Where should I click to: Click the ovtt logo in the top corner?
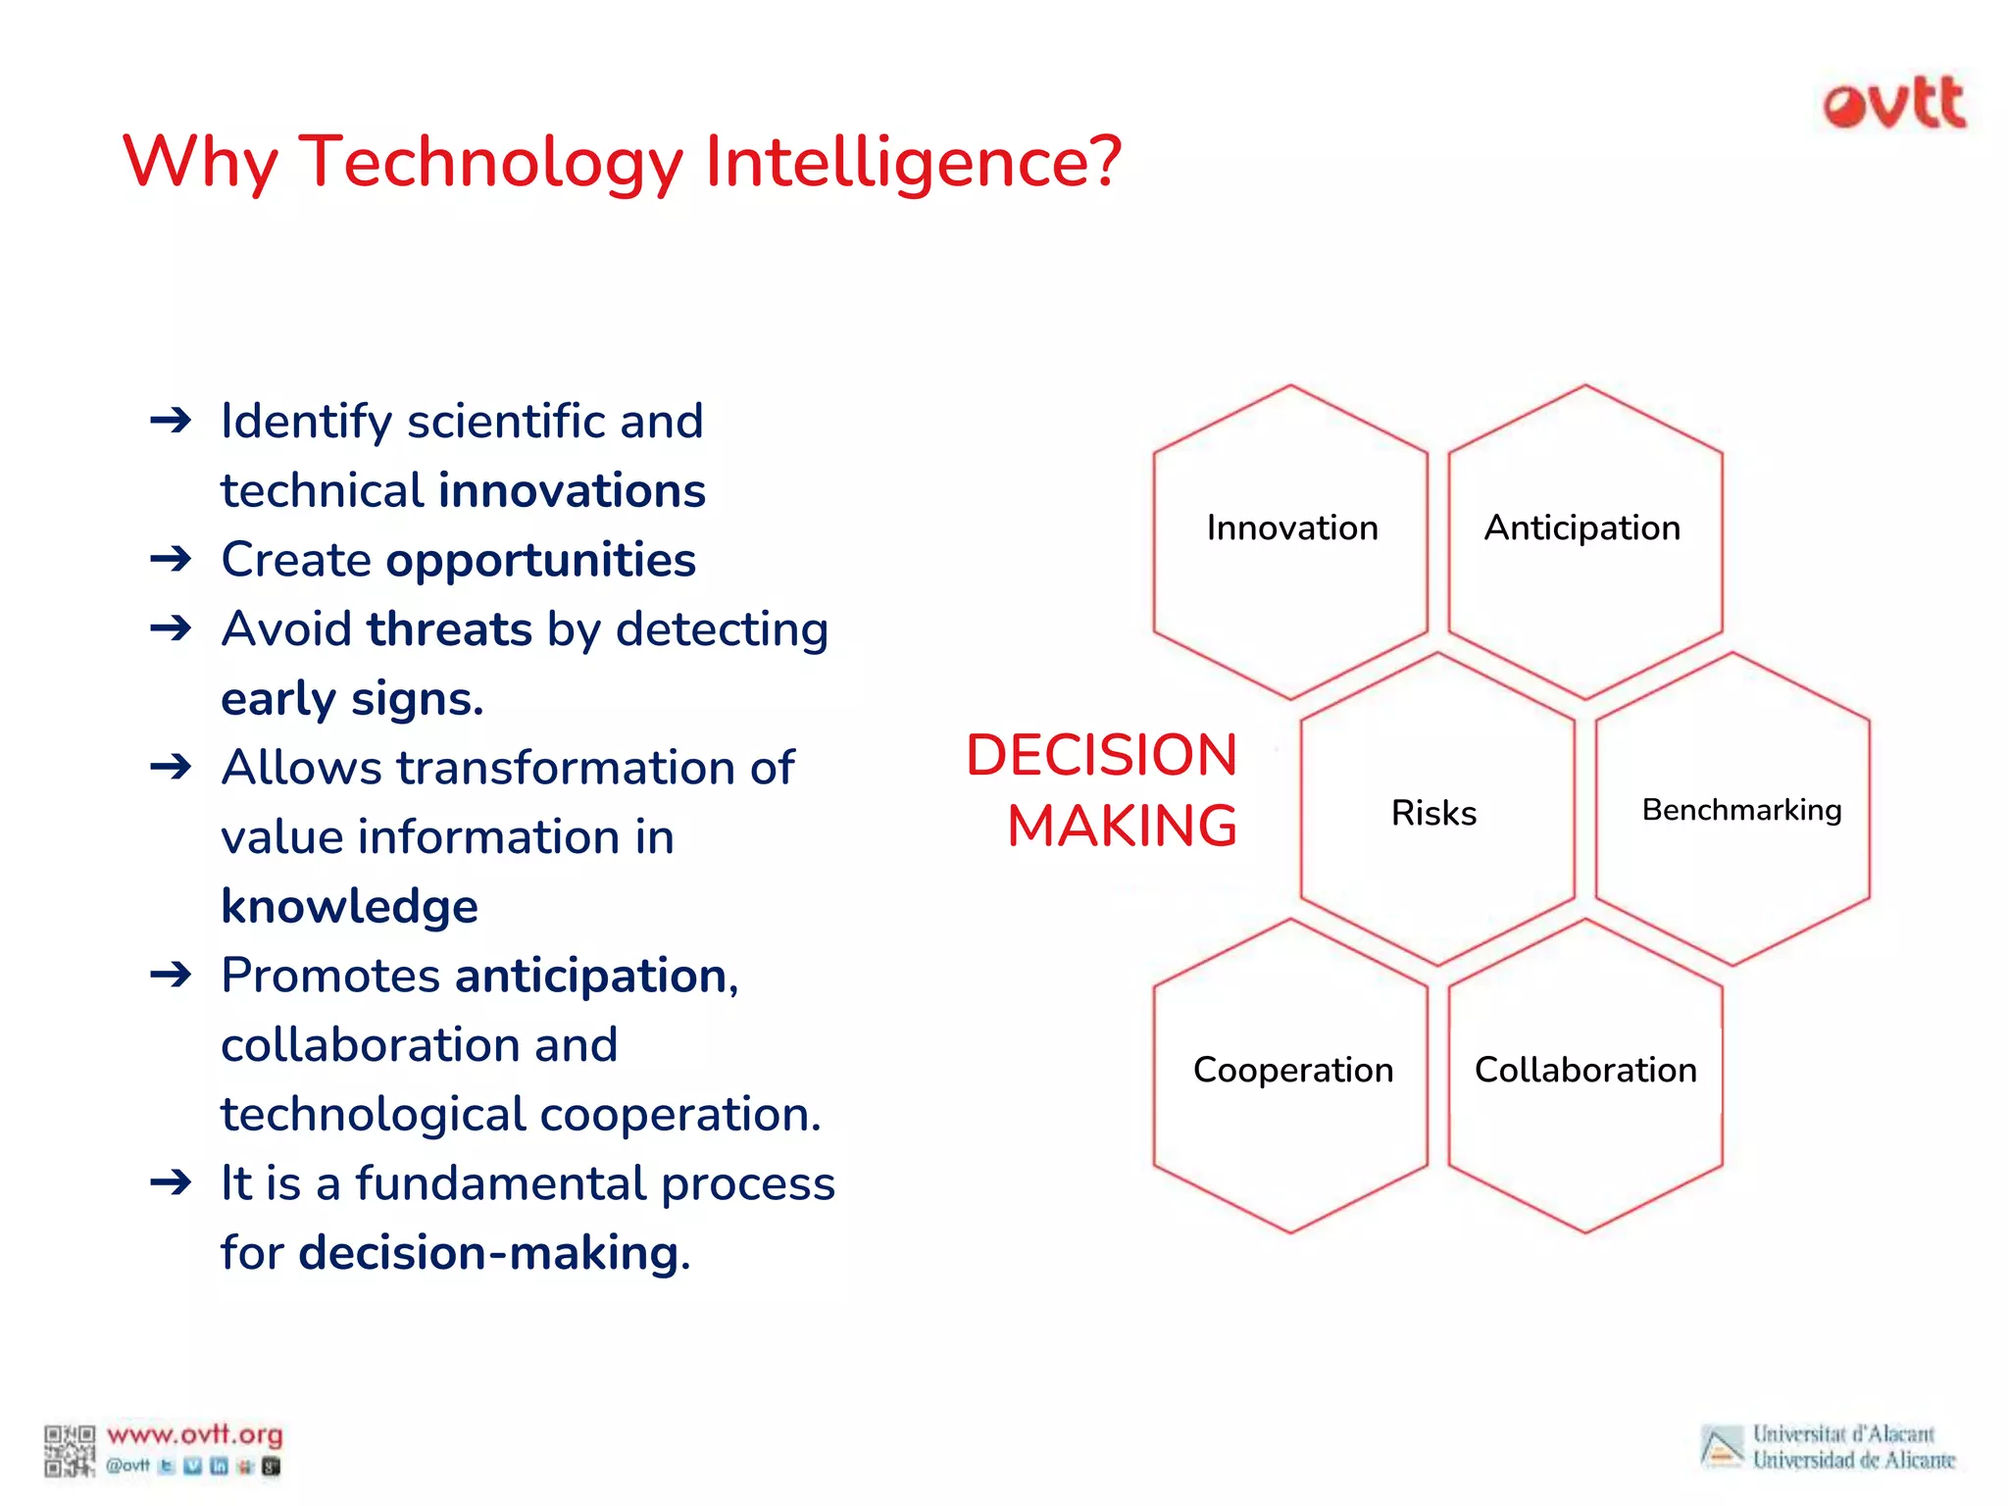(1894, 104)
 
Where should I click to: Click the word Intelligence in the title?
(913, 162)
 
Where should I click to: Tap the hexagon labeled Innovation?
(1291, 528)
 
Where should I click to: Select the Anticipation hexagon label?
(1581, 528)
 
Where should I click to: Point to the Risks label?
(1433, 813)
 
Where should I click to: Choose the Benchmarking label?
(1741, 810)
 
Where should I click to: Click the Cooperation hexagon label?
(1292, 1070)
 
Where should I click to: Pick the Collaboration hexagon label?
(1584, 1070)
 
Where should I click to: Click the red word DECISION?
(1101, 755)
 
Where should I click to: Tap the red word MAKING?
(1122, 826)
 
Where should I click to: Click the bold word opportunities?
(540, 560)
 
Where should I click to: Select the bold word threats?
(450, 629)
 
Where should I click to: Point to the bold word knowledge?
(349, 906)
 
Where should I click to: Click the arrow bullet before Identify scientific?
(171, 422)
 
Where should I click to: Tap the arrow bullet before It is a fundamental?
(171, 1183)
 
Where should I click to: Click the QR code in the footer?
(69, 1450)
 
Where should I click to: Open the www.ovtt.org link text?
(194, 1435)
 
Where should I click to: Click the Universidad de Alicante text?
(1853, 1461)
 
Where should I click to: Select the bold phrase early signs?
(352, 699)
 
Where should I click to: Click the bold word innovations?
(572, 490)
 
